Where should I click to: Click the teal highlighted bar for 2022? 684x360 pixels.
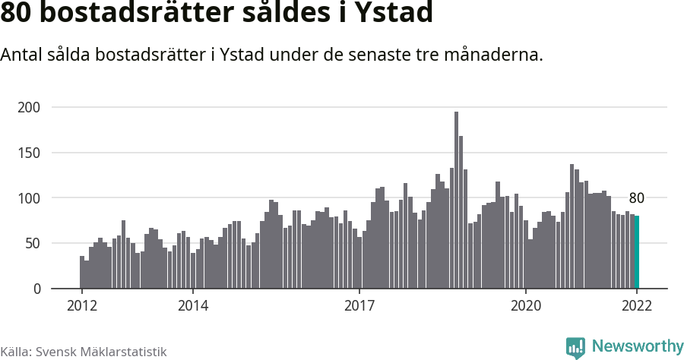pos(637,252)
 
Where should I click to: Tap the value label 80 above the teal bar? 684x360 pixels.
pos(637,198)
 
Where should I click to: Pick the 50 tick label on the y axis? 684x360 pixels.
pos(33,244)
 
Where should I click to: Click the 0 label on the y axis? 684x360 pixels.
pos(36,289)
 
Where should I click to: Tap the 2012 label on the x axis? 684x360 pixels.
pos(81,305)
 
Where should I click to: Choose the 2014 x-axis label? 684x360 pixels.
pos(193,305)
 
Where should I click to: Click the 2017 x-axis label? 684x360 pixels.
pos(359,305)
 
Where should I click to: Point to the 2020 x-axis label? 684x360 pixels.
pos(525,305)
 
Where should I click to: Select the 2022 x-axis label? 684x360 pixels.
pos(637,305)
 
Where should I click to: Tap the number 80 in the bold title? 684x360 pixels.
pos(16,14)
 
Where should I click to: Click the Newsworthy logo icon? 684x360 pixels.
pos(575,347)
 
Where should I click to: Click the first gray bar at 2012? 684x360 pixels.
pos(82,273)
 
